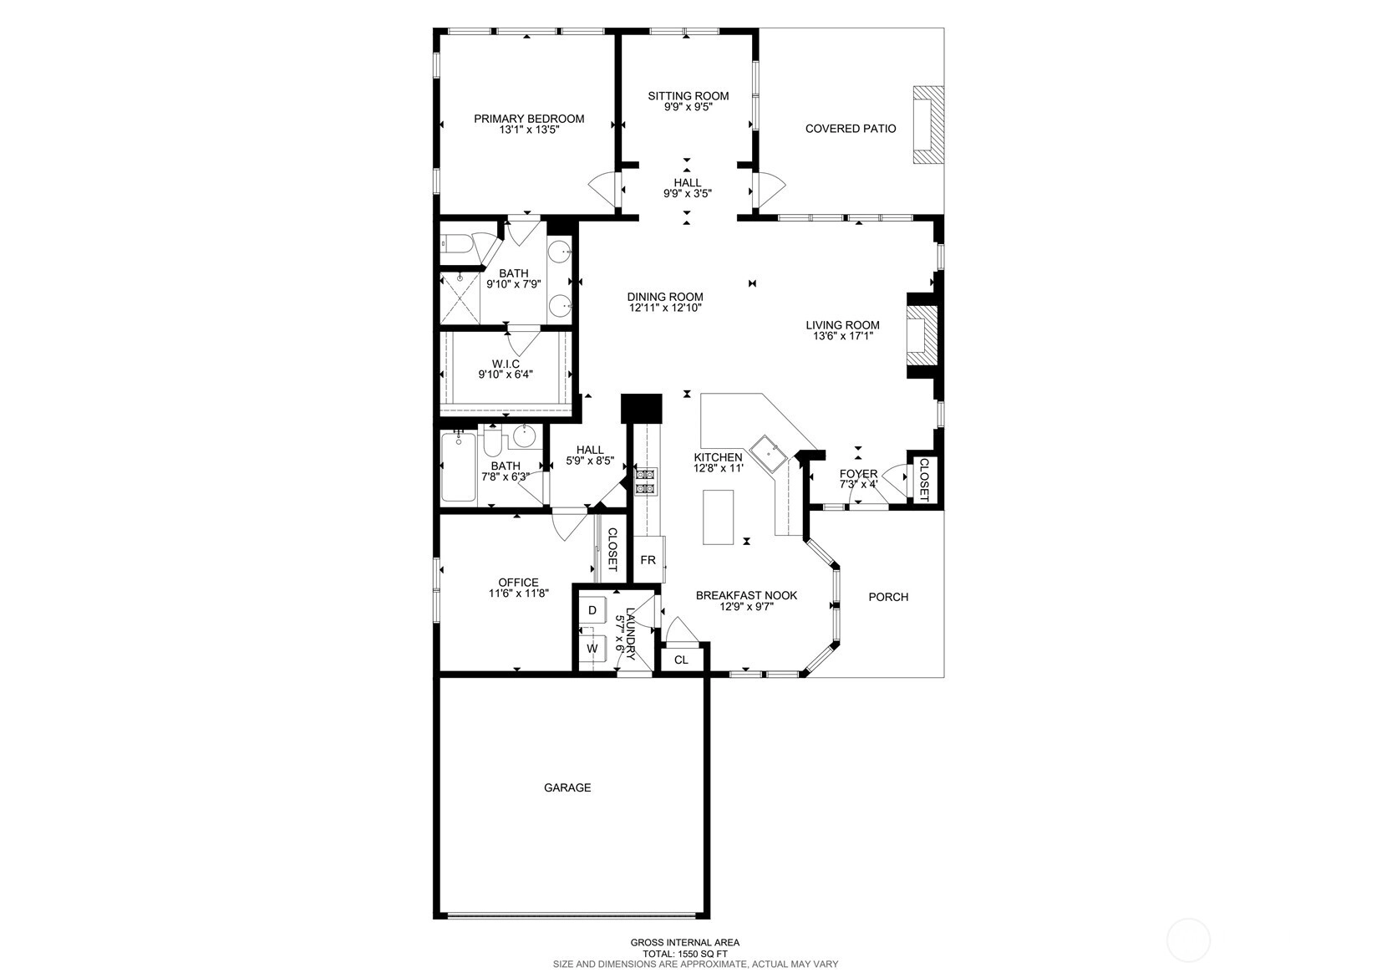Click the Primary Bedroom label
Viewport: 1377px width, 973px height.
pyautogui.click(x=529, y=119)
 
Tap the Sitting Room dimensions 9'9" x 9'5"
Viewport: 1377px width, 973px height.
pyautogui.click(x=688, y=107)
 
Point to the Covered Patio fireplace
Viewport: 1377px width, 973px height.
pyautogui.click(x=927, y=125)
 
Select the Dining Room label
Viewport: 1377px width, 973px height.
pyautogui.click(x=665, y=297)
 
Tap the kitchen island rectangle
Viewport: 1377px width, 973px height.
pyautogui.click(x=718, y=517)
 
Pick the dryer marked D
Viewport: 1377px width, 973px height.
pyautogui.click(x=592, y=610)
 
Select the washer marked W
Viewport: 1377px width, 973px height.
pyautogui.click(x=592, y=649)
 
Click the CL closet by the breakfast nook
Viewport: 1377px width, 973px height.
pyautogui.click(x=681, y=660)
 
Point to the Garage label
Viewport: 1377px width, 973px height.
pyautogui.click(x=567, y=787)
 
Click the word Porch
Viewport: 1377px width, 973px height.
pyautogui.click(x=888, y=597)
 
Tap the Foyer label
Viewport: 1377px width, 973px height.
pyautogui.click(x=859, y=474)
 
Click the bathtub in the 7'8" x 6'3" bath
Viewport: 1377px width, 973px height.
pyautogui.click(x=459, y=466)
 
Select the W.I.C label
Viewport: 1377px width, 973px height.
pyautogui.click(x=506, y=364)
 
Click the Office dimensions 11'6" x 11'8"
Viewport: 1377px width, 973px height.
pyautogui.click(x=518, y=593)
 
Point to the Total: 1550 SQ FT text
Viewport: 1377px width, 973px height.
pyautogui.click(x=685, y=954)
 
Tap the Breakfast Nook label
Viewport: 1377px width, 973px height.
pyautogui.click(x=746, y=595)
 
